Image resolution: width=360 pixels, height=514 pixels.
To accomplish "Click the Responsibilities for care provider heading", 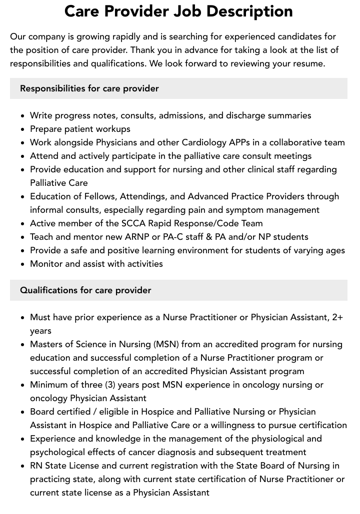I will (89, 88).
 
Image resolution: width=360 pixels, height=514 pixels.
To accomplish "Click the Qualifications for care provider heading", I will (85, 290).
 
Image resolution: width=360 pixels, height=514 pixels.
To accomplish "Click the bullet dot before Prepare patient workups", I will (23, 129).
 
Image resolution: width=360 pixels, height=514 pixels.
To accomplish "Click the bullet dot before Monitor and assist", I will (23, 264).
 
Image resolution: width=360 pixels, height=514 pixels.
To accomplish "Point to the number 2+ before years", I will (337, 317).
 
